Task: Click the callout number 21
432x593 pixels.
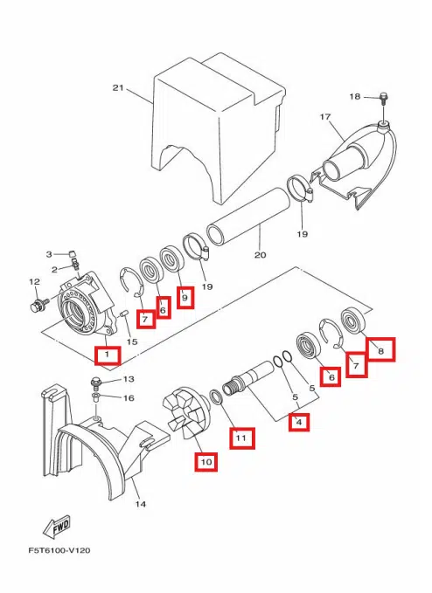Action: (x=118, y=87)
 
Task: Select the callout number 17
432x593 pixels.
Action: (x=325, y=117)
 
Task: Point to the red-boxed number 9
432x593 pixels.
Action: (x=185, y=298)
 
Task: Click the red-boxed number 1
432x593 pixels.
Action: (x=108, y=355)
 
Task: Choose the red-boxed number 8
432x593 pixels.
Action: (x=381, y=350)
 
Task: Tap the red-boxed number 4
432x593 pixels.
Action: (x=299, y=422)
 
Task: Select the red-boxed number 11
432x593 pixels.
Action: (x=241, y=438)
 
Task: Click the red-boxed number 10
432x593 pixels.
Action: (x=206, y=462)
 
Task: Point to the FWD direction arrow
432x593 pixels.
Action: (x=57, y=527)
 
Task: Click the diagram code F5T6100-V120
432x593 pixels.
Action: (x=59, y=550)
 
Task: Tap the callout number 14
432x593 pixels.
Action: (x=141, y=504)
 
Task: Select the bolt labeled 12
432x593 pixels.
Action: (x=38, y=304)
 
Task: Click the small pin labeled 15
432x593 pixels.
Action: (x=124, y=314)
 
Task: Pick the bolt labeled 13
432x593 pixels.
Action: (x=96, y=383)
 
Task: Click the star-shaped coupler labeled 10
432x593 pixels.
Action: (x=186, y=411)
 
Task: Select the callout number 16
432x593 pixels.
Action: (x=129, y=398)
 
